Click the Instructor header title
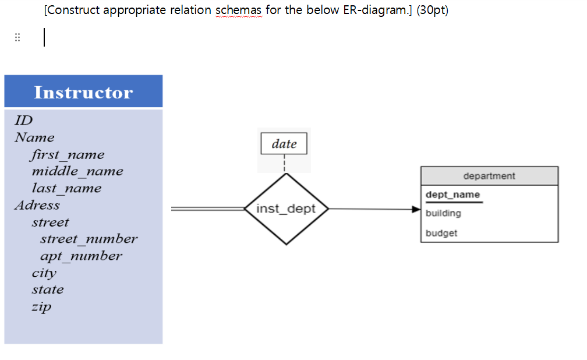[83, 92]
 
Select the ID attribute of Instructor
[23, 121]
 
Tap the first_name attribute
[68, 154]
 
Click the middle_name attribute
[77, 171]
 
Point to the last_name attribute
[66, 188]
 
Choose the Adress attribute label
[37, 205]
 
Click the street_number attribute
[89, 239]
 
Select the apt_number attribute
[81, 256]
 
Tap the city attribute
[44, 273]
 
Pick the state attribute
[47, 290]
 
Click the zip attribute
[41, 306]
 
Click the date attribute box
[284, 144]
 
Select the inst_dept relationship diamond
[285, 209]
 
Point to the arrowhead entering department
[415, 209]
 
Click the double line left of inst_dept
[207, 208]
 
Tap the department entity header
[489, 176]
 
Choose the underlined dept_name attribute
[452, 195]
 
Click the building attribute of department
[443, 213]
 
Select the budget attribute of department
[441, 233]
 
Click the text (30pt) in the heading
[432, 11]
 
